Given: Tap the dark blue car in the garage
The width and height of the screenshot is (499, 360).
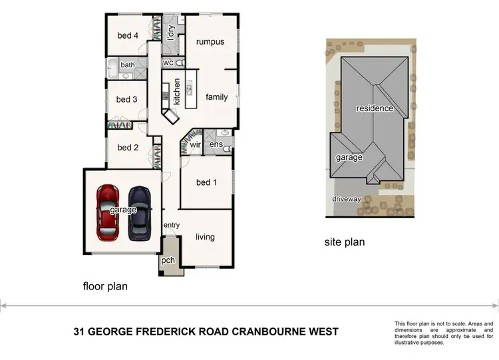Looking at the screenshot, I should point(139,212).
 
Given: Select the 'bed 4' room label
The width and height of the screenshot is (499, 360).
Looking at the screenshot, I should point(127,36).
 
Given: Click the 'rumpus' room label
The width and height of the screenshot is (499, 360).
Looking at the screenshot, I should point(210,42).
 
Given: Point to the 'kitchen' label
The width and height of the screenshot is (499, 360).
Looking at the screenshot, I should point(177,92).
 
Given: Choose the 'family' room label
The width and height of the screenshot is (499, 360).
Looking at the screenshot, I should point(216,97).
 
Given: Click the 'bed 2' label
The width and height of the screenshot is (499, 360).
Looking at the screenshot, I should point(128,148).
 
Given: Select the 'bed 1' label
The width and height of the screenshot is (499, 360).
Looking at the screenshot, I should point(206,182).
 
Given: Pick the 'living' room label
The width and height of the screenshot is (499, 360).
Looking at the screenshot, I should point(205,237).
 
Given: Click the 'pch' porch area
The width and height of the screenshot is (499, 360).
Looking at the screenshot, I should point(168,260).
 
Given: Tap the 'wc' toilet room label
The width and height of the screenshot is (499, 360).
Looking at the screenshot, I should point(168,63).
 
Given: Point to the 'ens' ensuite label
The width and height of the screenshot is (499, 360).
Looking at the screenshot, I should point(216,144).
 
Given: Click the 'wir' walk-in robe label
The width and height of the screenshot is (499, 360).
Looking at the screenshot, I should point(196,144).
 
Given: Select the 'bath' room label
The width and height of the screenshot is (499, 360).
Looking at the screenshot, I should point(127,65).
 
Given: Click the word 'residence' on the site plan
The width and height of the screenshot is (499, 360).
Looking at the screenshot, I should point(375,108).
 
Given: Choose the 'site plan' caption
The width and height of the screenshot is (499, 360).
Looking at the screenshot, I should point(344,242).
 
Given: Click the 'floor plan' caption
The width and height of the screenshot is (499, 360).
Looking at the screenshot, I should point(105,287).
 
